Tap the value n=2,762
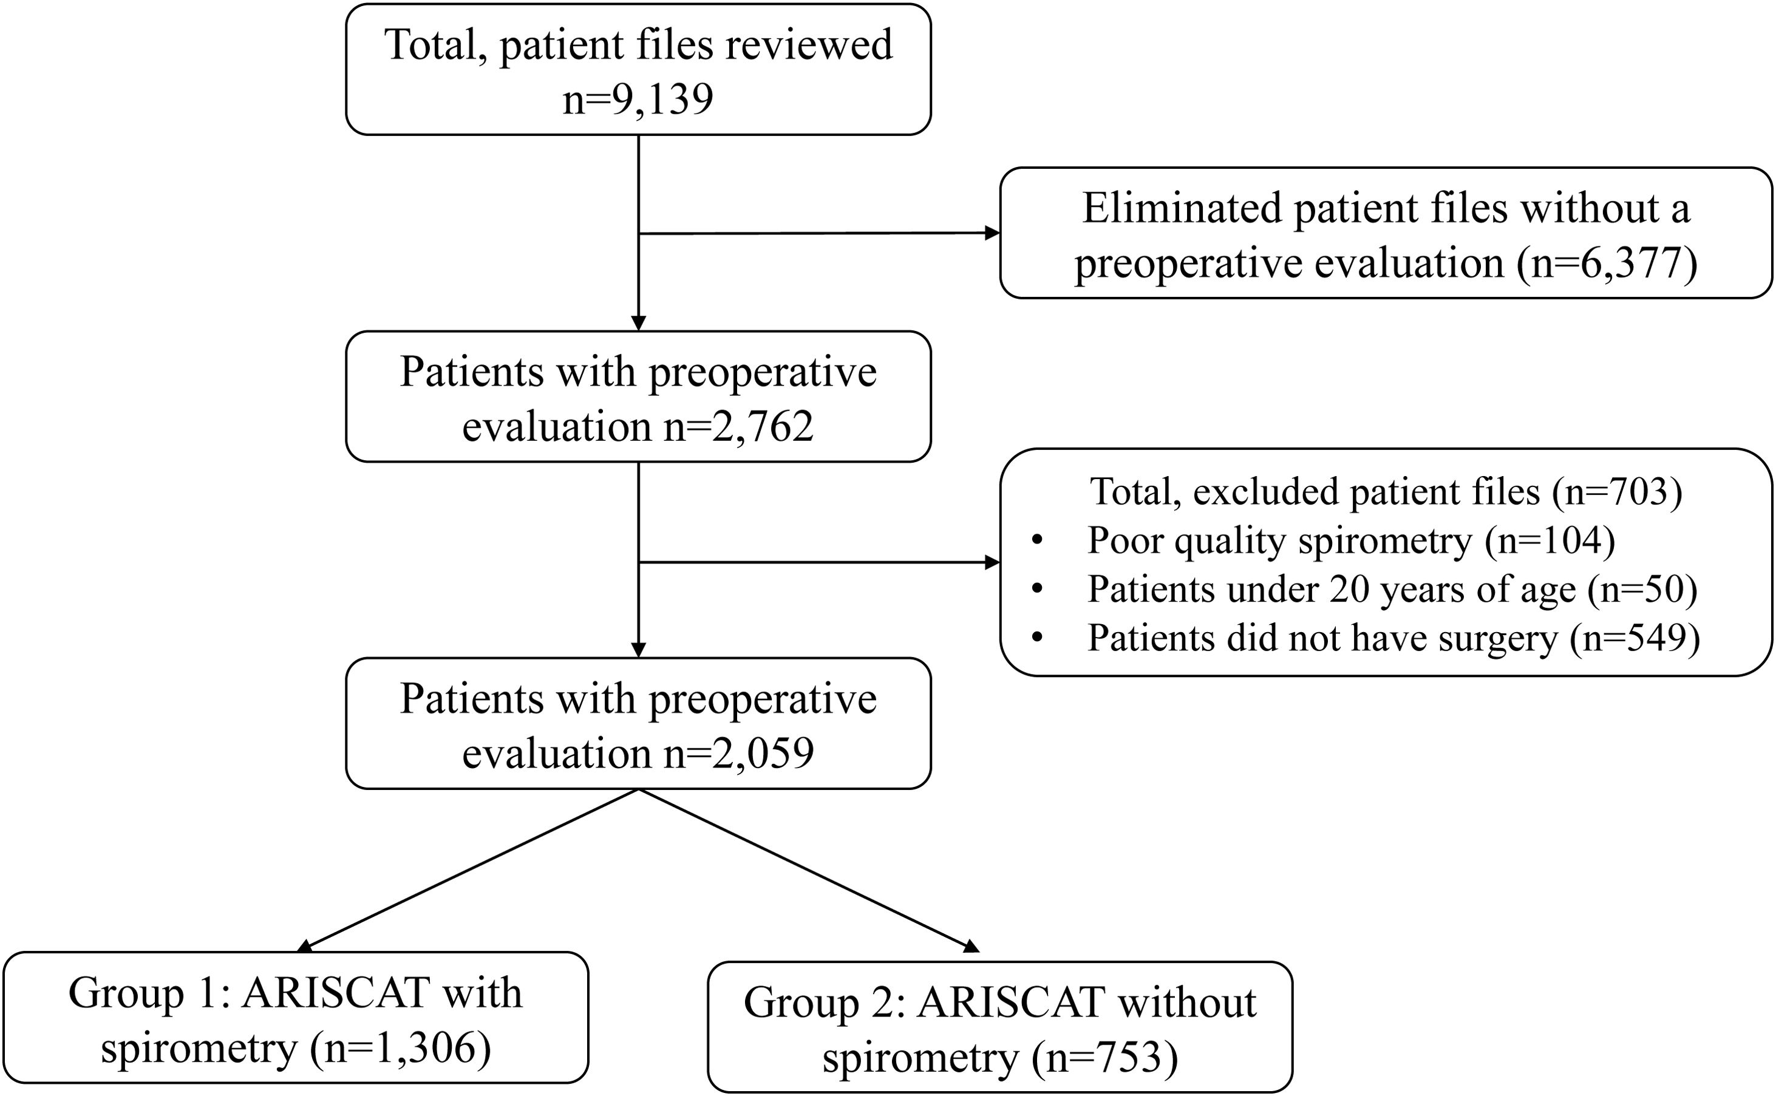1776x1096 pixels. click(738, 426)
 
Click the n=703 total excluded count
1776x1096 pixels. click(1616, 492)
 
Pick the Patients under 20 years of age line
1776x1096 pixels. click(1391, 590)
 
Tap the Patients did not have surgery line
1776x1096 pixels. click(1393, 639)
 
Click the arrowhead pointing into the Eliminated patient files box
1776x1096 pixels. click(992, 233)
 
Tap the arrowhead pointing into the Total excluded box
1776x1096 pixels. click(992, 562)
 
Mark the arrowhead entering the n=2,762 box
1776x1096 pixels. click(638, 322)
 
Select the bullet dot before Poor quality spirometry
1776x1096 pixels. click(1037, 541)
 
